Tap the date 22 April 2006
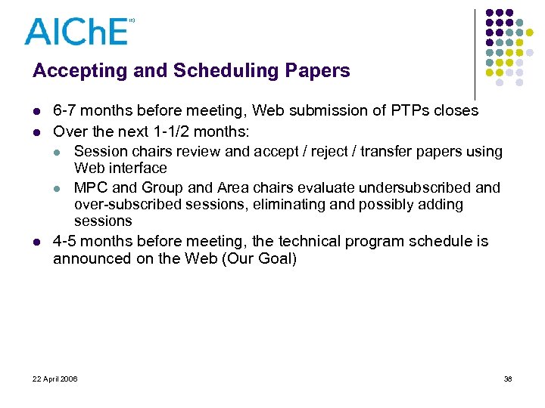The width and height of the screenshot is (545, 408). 54,379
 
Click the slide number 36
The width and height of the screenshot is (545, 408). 508,379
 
